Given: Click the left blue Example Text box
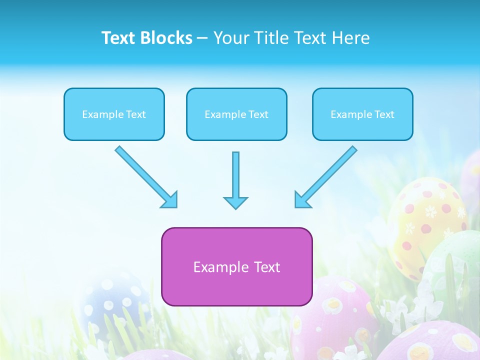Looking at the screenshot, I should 114,114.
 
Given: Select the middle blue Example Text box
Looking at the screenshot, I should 236,114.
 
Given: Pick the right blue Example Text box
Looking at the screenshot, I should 362,114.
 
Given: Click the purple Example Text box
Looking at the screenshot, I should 236,266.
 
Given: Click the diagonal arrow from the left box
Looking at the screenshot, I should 145,176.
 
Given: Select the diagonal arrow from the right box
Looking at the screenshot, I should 326,176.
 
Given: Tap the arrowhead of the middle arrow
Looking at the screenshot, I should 235,202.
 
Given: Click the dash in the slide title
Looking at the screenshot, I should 202,38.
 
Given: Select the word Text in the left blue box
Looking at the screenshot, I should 135,114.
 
